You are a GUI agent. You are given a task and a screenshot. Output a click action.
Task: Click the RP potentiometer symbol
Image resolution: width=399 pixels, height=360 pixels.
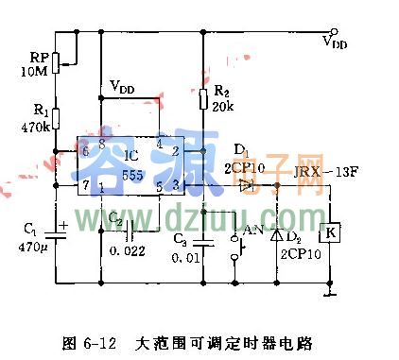55,62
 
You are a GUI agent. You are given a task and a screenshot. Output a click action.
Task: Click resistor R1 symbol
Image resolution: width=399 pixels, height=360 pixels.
55,118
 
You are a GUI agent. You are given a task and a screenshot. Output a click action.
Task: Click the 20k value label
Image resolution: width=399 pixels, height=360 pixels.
223,107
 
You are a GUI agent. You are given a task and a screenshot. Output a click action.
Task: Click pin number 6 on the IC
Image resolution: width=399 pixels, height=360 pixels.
85,150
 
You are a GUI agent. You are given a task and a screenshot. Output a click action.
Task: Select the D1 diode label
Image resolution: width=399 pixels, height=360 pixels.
241,148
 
